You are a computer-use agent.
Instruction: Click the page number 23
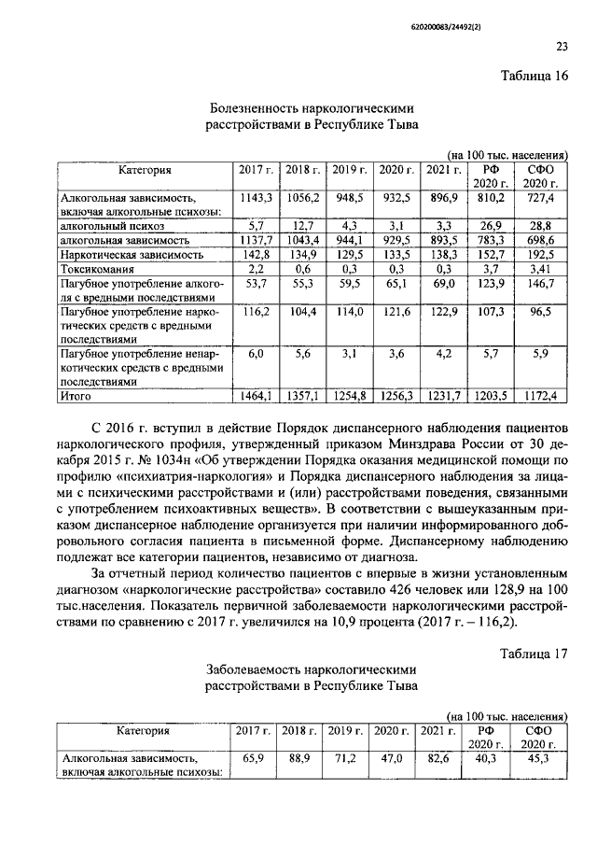coord(561,47)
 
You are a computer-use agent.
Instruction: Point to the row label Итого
coord(78,397)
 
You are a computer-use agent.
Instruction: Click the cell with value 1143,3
coord(256,199)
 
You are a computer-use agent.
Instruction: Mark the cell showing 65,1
coord(397,283)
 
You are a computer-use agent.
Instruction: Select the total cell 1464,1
coord(256,397)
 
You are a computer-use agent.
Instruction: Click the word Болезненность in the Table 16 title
coord(263,107)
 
